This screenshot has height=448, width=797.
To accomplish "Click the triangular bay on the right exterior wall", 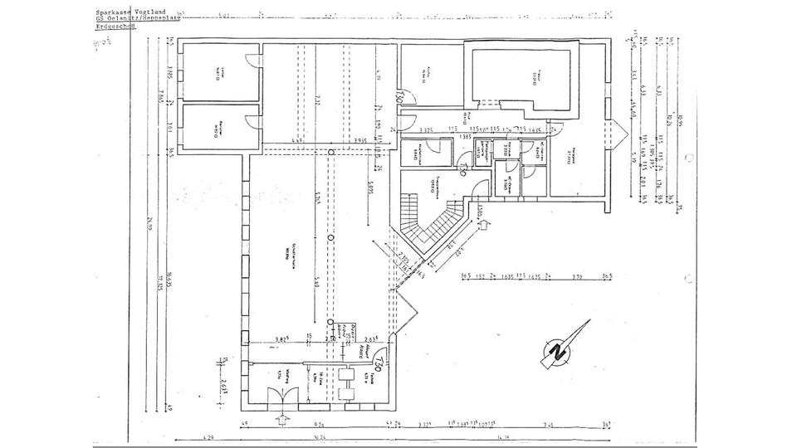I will pos(619,133).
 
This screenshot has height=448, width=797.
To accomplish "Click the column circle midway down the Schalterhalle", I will pos(330,238).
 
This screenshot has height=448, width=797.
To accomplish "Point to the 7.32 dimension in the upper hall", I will pos(318,100).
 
